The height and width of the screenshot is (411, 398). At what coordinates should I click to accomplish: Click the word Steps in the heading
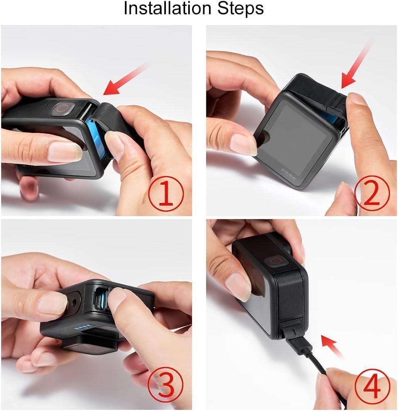tap(241, 9)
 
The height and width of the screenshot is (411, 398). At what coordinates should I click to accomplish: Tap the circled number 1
tap(166, 194)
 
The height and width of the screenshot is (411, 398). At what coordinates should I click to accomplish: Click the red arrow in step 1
tap(125, 79)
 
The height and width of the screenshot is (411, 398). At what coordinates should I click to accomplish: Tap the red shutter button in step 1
tap(63, 109)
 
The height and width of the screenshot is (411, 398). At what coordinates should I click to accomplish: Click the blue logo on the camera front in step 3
tap(85, 327)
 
